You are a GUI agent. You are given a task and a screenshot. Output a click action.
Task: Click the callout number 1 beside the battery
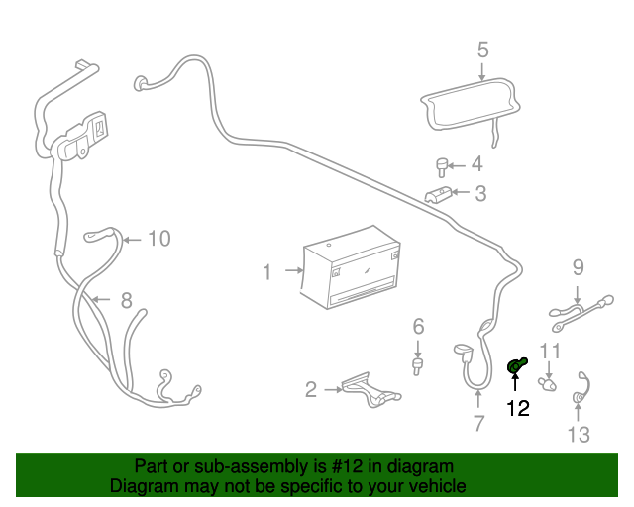[x=266, y=271]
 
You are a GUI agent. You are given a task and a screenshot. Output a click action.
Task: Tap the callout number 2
[x=311, y=390]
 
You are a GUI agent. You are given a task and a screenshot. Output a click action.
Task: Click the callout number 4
[x=476, y=164]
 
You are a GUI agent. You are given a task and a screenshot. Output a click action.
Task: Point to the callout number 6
[x=418, y=326]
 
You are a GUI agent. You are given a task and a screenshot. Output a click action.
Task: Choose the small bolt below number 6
[x=418, y=367]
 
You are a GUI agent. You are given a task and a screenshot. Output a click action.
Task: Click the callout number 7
[x=478, y=425]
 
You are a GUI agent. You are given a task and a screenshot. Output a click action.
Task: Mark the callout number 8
[x=126, y=300]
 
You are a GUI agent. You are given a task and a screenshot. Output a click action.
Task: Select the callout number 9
[x=578, y=266]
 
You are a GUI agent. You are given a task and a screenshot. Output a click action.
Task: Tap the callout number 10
[x=159, y=238]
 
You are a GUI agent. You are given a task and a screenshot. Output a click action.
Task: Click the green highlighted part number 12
[x=515, y=367]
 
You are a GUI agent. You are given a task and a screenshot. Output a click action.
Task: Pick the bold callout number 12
[x=518, y=407]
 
